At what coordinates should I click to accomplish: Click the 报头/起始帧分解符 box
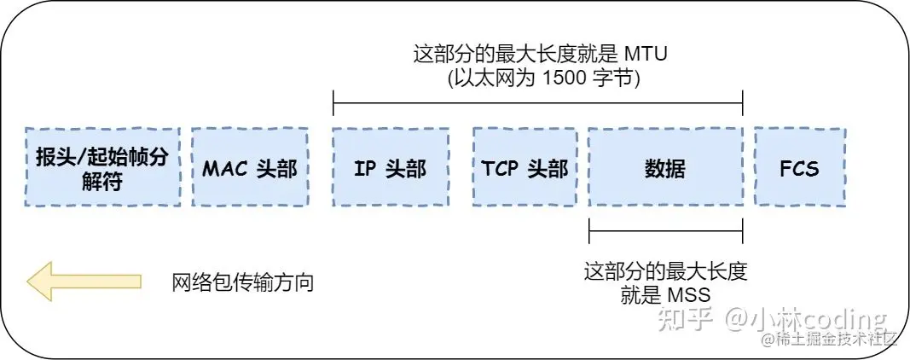[103, 167]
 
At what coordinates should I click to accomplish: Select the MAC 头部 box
[249, 167]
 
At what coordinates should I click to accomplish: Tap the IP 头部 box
[390, 167]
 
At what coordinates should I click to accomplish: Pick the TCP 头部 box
[521, 167]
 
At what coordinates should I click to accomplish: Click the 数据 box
[664, 167]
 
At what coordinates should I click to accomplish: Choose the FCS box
[799, 167]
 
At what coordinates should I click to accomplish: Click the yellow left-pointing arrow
[84, 282]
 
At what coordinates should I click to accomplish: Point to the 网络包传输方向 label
[243, 282]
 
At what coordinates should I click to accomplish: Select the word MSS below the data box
[690, 294]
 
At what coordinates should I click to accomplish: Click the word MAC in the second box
[224, 167]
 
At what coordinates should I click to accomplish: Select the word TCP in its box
[501, 167]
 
